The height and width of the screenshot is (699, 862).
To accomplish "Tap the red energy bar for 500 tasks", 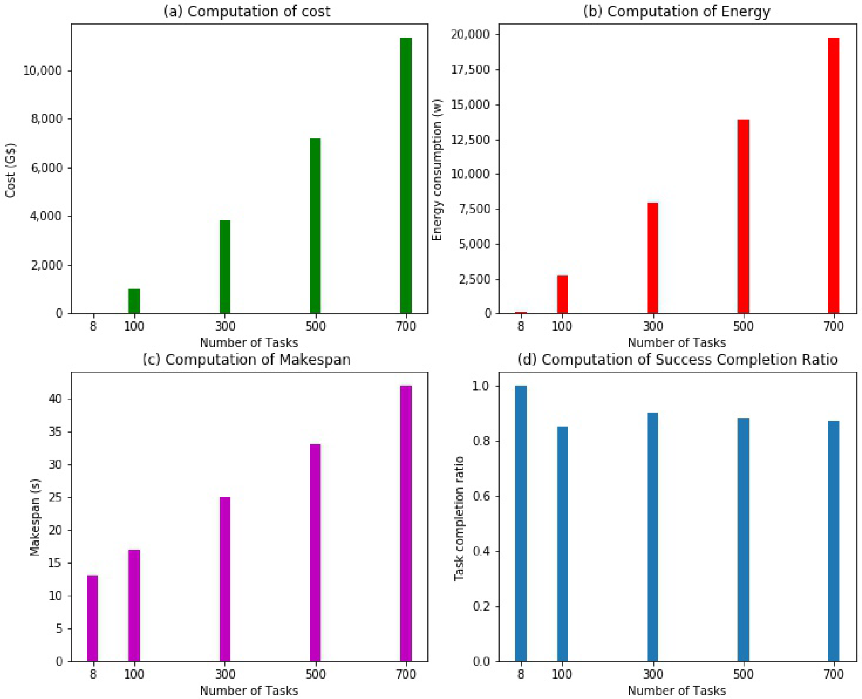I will point(743,217).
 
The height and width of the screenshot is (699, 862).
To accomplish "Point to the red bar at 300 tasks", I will point(652,258).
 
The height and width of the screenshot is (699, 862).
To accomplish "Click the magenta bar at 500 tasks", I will point(315,552).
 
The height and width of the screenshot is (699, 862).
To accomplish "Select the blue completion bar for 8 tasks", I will point(520,523).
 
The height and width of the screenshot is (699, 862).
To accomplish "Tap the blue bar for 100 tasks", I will point(562,543).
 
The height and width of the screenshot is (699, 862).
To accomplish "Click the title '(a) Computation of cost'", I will point(247,11).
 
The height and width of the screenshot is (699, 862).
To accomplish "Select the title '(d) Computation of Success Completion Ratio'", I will point(677,359).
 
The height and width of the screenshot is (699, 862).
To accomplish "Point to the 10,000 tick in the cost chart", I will point(42,71).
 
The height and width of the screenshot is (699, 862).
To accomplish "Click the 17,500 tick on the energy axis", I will point(470,69).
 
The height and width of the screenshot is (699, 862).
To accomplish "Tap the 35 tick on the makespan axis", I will point(56,432).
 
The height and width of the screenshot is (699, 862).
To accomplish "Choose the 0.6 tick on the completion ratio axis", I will point(481,496).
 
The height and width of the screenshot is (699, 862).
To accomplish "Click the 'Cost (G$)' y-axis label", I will point(11,170).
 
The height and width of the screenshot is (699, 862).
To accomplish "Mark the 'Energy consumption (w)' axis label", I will point(437,170).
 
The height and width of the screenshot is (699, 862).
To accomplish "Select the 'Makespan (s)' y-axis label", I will point(35,517).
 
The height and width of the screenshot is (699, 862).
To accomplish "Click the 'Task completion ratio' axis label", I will point(459,518).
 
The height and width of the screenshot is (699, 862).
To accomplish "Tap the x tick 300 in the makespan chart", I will point(225,674).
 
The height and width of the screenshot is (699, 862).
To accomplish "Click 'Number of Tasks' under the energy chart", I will point(676,342).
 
